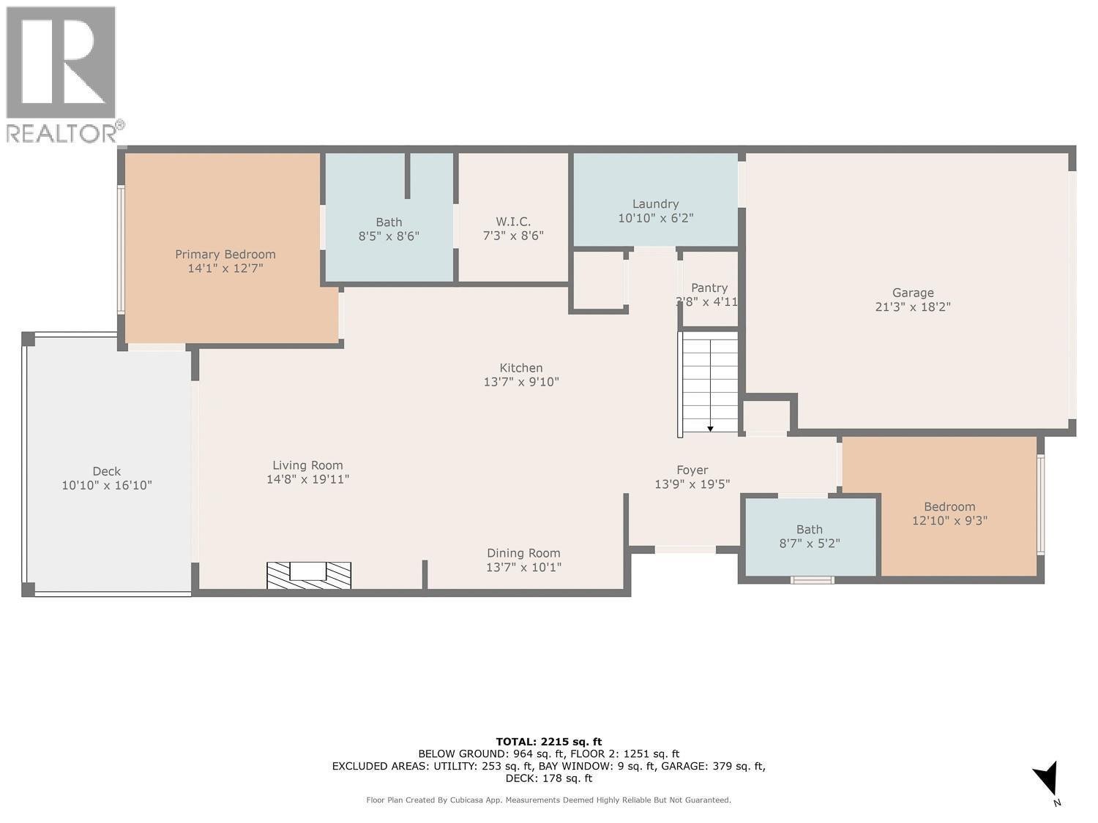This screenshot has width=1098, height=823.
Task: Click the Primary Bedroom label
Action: click(225, 255)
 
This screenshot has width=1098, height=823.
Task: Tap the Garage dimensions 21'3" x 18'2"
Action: click(912, 307)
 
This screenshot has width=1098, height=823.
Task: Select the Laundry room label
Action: click(655, 204)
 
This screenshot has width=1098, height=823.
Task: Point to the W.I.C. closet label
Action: click(512, 222)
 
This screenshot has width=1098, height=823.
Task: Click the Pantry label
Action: click(709, 288)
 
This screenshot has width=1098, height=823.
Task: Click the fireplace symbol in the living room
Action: click(308, 575)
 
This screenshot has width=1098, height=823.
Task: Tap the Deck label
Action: click(107, 472)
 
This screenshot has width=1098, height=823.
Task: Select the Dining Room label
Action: click(523, 554)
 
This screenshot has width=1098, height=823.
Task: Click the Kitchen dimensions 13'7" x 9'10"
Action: click(521, 382)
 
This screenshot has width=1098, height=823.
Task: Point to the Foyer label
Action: click(692, 470)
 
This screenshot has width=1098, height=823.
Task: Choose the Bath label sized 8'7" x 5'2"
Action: click(810, 530)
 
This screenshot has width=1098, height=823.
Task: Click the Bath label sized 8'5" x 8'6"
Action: click(389, 222)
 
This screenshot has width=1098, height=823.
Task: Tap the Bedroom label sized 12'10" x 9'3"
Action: click(949, 507)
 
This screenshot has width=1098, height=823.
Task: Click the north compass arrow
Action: click(1047, 778)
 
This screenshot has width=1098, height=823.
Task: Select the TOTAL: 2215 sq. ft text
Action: click(548, 742)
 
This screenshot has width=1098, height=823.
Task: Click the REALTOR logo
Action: click(63, 73)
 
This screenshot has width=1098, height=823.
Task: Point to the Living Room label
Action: click(307, 465)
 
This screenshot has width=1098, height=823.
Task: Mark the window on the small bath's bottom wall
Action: click(812, 580)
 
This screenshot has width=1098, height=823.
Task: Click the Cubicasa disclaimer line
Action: click(548, 800)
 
